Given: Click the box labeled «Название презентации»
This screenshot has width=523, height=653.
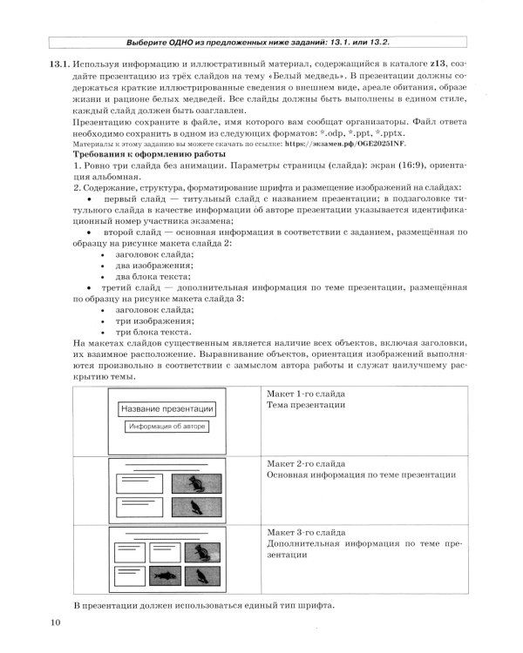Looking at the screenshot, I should [166, 408].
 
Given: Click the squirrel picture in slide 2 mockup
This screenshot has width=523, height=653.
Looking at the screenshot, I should [195, 483].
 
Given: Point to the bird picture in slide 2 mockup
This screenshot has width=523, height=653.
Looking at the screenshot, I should [195, 507].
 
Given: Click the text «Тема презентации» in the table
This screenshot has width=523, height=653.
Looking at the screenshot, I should [306, 405].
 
